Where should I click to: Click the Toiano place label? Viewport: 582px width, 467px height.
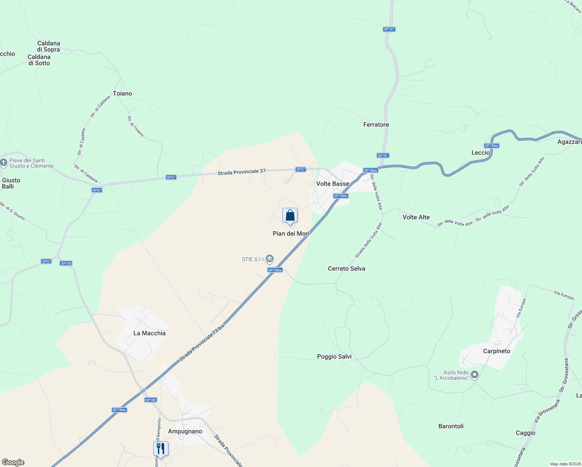coord(123,93)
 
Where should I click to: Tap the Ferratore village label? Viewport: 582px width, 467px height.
coord(376,125)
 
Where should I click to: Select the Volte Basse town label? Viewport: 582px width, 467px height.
coord(333,184)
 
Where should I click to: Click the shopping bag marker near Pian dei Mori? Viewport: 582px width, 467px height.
coord(290,216)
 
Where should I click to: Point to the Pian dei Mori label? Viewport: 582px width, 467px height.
coord(291,233)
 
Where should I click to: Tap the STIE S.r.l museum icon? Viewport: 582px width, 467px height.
coord(270,259)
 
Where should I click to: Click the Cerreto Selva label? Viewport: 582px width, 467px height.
coord(346,269)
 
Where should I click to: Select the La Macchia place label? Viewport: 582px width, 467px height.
coord(149,333)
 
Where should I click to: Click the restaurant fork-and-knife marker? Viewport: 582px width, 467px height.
coord(161,449)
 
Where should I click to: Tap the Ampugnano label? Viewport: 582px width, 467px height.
coord(185,431)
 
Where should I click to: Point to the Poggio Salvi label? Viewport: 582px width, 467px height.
coord(334,356)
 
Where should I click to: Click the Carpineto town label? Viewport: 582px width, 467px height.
coord(496,351)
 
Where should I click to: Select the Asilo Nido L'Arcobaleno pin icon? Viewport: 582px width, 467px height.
coord(474,375)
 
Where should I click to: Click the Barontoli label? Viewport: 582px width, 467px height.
coord(451,426)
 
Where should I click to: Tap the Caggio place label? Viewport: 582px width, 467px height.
coord(526,433)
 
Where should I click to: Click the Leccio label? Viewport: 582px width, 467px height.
coord(480,153)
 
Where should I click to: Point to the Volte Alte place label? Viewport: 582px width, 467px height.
coord(416,217)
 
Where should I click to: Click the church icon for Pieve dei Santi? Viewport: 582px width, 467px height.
coord(4,163)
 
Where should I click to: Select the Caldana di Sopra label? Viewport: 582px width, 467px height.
coord(49,46)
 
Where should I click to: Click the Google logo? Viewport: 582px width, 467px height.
coord(13,462)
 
